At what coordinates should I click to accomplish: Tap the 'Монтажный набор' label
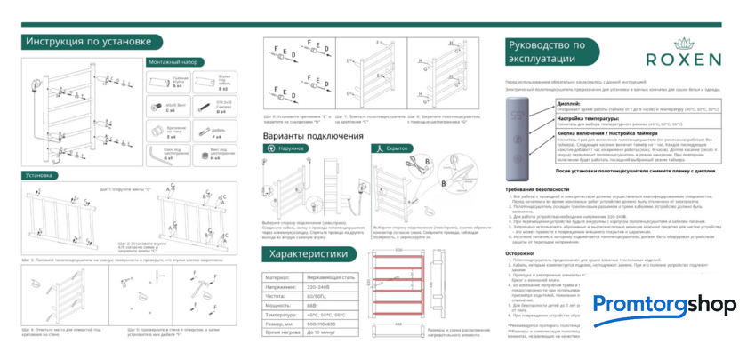tap(172, 62)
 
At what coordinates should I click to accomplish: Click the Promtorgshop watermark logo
tap(664, 304)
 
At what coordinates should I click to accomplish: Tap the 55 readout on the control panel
tap(517, 116)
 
